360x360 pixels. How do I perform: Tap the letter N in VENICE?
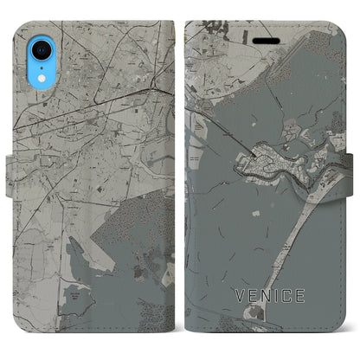261,295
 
